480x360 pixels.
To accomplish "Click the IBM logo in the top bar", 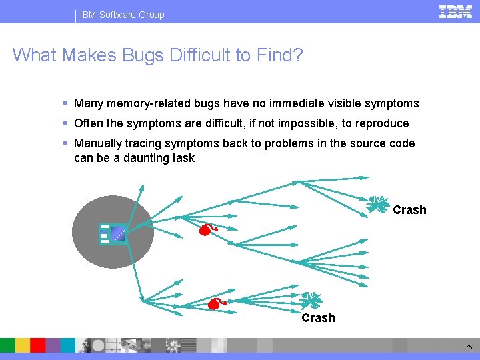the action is tap(455, 11).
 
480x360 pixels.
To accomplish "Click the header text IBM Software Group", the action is tap(122, 15).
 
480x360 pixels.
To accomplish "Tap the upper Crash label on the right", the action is tap(409, 210).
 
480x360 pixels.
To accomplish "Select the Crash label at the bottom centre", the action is tap(318, 318).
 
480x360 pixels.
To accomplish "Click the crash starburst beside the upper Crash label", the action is tap(377, 204).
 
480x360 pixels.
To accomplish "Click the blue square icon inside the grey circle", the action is tap(117, 233).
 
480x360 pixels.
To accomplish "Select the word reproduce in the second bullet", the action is tap(383, 123).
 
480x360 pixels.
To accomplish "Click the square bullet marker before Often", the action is tap(65, 123).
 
